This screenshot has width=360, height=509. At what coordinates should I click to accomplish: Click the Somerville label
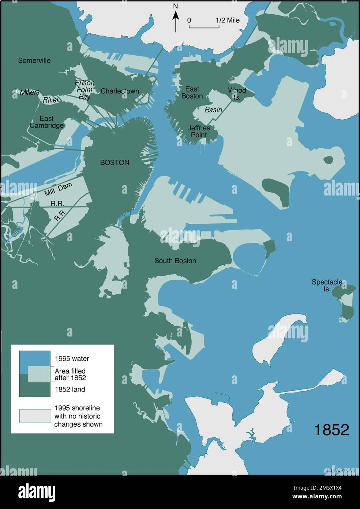click(34, 60)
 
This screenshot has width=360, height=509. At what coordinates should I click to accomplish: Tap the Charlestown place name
click(120, 91)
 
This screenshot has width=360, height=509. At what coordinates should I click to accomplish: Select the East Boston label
click(192, 92)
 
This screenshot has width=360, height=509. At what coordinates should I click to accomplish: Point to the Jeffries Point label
click(199, 131)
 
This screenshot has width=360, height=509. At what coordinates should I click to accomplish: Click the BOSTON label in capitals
click(115, 162)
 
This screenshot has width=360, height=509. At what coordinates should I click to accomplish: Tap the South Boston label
click(175, 261)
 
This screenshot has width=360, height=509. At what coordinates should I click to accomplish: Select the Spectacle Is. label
click(327, 285)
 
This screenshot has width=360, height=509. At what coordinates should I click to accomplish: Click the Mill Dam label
click(58, 189)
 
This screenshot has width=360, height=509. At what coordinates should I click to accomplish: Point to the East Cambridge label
click(46, 122)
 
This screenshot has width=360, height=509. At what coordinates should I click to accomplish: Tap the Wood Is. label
click(237, 93)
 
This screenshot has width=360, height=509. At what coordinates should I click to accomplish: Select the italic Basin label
click(213, 109)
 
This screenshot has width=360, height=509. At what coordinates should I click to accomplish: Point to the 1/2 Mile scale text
click(227, 20)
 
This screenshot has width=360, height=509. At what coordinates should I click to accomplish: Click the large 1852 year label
click(331, 430)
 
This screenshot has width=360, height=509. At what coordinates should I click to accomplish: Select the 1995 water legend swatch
click(35, 359)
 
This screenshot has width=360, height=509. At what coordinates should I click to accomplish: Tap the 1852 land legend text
click(70, 389)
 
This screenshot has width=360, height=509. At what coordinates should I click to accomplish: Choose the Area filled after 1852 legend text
click(70, 374)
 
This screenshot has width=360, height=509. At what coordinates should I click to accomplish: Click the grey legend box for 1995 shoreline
click(35, 416)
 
